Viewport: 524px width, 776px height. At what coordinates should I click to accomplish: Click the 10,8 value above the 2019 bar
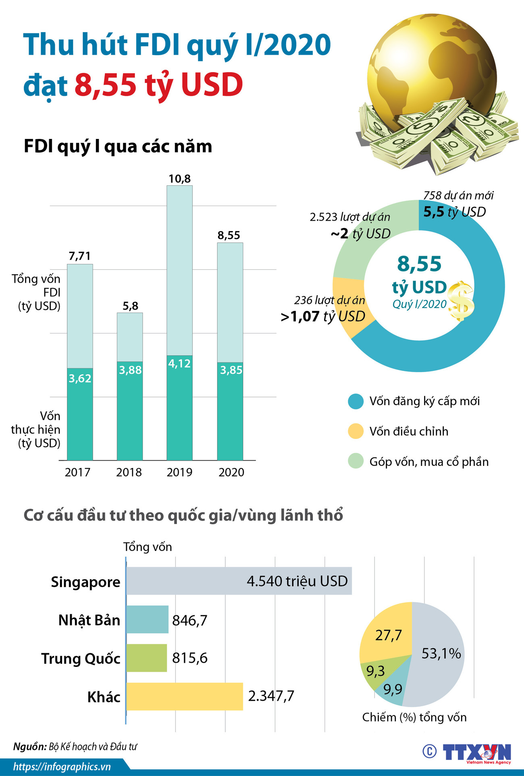pyautogui.click(x=179, y=178)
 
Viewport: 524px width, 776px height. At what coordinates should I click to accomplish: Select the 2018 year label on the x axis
pyautogui.click(x=129, y=472)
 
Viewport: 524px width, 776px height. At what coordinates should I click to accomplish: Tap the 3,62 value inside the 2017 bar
pyautogui.click(x=80, y=378)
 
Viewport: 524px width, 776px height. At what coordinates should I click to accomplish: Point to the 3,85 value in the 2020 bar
pyautogui.click(x=231, y=370)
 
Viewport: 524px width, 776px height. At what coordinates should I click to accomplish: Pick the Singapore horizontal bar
pyautogui.click(x=239, y=581)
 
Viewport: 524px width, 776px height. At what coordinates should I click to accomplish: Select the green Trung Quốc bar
pyautogui.click(x=147, y=658)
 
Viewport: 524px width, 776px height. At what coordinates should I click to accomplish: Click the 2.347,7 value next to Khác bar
pyautogui.click(x=271, y=695)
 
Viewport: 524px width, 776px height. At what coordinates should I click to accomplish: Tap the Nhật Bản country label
pyautogui.click(x=89, y=620)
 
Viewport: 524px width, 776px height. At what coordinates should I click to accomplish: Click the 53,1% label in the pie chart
pyautogui.click(x=441, y=653)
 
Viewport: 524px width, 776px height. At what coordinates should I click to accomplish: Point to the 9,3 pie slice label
pyautogui.click(x=375, y=671)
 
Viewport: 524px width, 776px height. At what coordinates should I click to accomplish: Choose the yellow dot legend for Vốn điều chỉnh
pyautogui.click(x=356, y=431)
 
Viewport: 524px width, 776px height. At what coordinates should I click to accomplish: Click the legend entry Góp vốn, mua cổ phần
pyautogui.click(x=428, y=461)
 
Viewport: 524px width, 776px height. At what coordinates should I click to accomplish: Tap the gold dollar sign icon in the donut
pyautogui.click(x=461, y=301)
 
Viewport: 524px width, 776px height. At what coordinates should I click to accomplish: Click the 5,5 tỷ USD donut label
pyautogui.click(x=454, y=212)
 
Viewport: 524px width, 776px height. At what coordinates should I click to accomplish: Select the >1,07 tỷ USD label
pyautogui.click(x=323, y=317)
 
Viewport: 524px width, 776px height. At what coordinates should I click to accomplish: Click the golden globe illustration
pyautogui.click(x=431, y=72)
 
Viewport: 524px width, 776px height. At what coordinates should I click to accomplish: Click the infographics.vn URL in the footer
pyautogui.click(x=62, y=766)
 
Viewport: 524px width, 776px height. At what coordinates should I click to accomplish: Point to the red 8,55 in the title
pyautogui.click(x=106, y=85)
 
